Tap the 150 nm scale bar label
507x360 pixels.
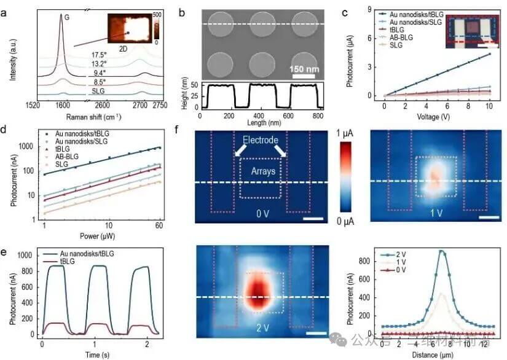[305, 68]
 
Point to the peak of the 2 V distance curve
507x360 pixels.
[441, 251]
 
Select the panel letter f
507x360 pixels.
[195, 131]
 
